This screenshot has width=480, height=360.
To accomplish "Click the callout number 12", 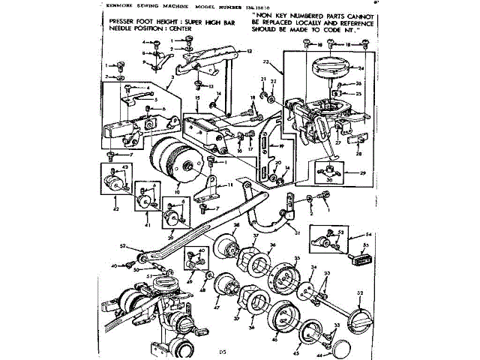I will click(249, 52).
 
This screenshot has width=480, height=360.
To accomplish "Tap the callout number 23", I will click(286, 61).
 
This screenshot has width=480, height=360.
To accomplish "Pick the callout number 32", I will click(360, 292).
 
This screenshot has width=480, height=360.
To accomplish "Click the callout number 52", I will click(122, 246).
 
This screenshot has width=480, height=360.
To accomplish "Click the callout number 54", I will click(368, 235).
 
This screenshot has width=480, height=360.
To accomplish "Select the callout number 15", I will click(196, 98).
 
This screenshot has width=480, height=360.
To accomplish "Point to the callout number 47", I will click(216, 307).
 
